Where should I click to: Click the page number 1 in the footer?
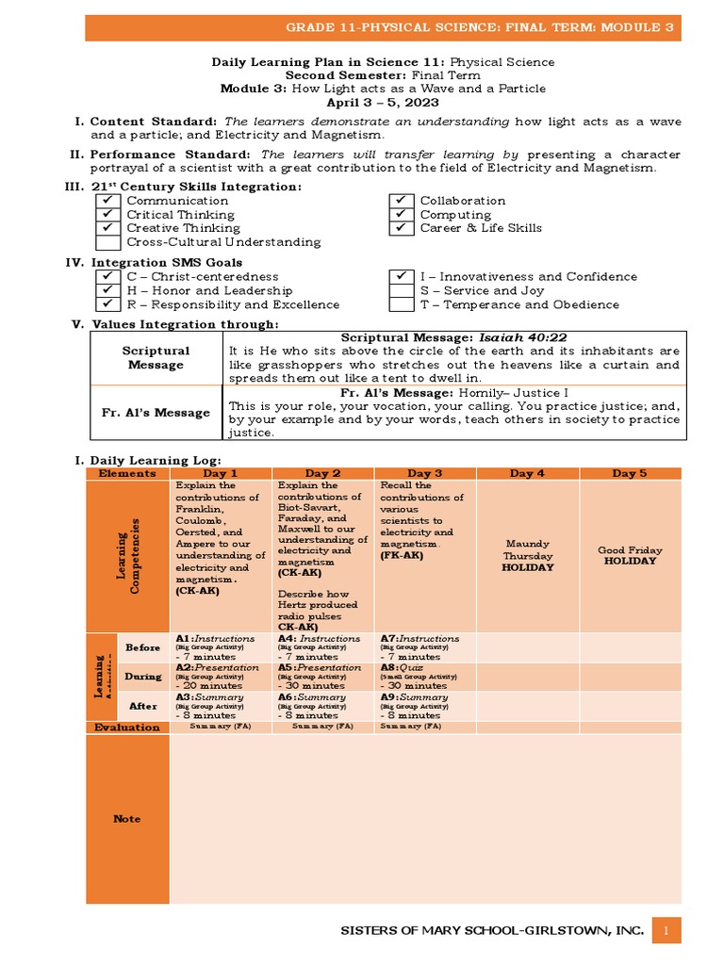click(x=666, y=931)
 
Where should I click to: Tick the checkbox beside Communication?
click(x=108, y=201)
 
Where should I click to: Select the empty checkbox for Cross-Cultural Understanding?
click(x=108, y=242)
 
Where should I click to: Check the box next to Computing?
click(x=402, y=215)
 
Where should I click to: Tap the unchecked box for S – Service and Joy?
click(x=402, y=291)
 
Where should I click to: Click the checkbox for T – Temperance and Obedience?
click(x=402, y=305)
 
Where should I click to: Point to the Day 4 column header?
click(x=527, y=473)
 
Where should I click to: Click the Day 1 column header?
click(x=220, y=473)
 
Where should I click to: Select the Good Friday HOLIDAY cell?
click(x=631, y=555)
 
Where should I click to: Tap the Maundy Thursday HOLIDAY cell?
click(x=528, y=556)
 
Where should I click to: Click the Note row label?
click(x=127, y=819)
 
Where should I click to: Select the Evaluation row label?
click(x=126, y=728)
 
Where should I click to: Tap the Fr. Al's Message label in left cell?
click(x=156, y=413)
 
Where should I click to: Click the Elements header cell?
click(x=126, y=473)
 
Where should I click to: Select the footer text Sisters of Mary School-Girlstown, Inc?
click(x=492, y=931)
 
